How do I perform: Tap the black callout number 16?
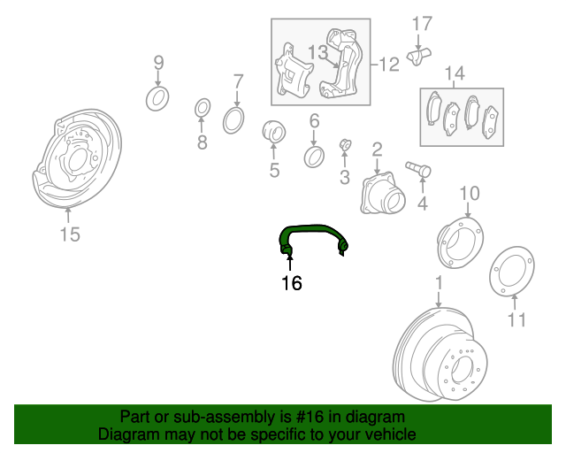(x=292, y=283)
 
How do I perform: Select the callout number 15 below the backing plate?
(x=70, y=234)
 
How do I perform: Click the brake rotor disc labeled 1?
(x=440, y=355)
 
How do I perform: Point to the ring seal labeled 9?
(x=157, y=98)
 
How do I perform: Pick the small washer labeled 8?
(x=203, y=108)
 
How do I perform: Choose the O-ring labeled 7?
(x=233, y=120)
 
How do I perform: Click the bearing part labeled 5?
(x=274, y=132)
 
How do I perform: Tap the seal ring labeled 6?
(x=314, y=157)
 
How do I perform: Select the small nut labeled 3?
(x=346, y=145)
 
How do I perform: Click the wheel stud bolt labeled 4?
(x=418, y=169)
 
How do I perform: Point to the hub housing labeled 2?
(x=383, y=193)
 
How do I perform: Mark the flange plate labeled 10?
(x=460, y=242)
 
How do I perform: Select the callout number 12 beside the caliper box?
(x=389, y=65)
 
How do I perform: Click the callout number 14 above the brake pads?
(x=455, y=73)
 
